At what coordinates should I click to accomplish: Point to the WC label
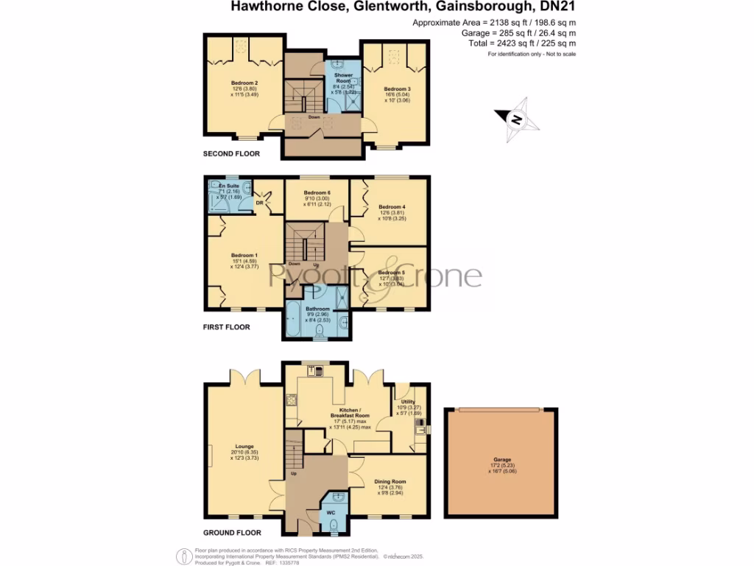coord(332,511)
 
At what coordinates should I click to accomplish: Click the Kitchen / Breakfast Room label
coord(348,410)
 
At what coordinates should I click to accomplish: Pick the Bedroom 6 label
coord(318,193)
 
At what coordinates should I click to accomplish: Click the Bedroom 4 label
coord(391,207)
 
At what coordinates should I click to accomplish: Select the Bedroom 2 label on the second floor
coord(244,83)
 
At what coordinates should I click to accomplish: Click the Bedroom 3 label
coord(398,89)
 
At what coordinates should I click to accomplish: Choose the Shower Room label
coord(344,77)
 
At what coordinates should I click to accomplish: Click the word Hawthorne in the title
coord(258,7)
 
